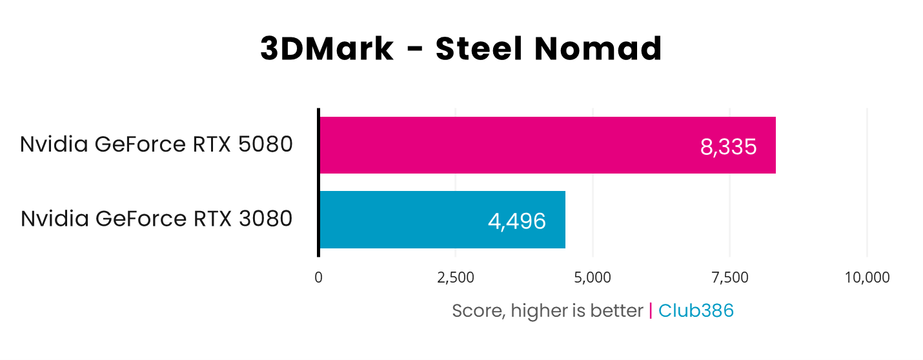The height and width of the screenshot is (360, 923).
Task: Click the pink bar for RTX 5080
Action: pos(503,145)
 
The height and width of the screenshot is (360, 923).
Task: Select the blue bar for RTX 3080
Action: pos(413,219)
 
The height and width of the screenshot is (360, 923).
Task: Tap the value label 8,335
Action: pos(728,147)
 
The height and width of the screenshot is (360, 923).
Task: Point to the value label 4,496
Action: pos(517,221)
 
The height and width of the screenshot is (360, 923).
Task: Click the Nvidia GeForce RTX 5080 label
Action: pos(156,145)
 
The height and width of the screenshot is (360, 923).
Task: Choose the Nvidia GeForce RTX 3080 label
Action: pos(156,219)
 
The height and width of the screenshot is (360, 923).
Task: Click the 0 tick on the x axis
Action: pos(318,277)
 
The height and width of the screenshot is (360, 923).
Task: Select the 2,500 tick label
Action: pos(456,277)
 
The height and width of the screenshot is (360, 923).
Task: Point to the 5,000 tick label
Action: pos(593,277)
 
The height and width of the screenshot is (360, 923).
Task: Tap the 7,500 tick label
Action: pos(729,277)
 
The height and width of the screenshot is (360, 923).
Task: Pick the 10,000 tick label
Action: pos(867,277)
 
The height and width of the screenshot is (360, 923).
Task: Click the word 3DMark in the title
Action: pos(327,50)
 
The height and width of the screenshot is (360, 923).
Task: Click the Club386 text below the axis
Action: pos(696,311)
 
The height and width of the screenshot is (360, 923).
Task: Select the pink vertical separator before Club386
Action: pos(651,311)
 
